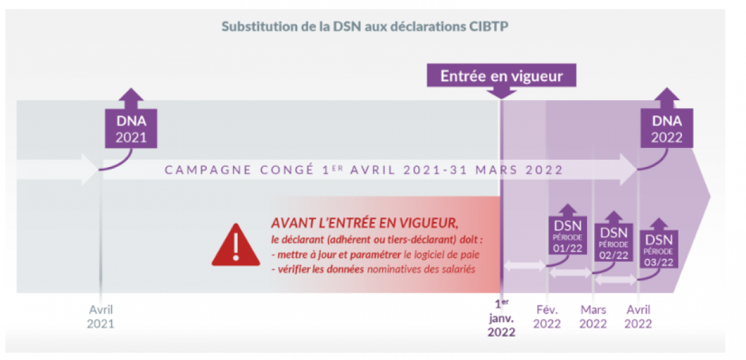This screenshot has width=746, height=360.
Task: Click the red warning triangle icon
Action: tap(236, 245)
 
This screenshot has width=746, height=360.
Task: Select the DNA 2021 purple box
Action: tap(132, 129)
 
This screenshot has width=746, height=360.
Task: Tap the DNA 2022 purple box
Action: tap(667, 129)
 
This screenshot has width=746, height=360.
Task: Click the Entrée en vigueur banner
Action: tap(501, 76)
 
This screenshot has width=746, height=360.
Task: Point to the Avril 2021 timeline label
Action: tap(101, 316)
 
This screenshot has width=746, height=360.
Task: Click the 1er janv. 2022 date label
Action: tap(501, 318)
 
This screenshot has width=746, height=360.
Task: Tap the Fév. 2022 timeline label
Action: tap(546, 316)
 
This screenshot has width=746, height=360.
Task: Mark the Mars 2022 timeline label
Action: tap(593, 316)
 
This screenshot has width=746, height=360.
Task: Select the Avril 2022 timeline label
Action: tap(638, 316)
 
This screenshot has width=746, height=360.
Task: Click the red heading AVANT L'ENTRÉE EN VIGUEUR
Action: tap(360, 223)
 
